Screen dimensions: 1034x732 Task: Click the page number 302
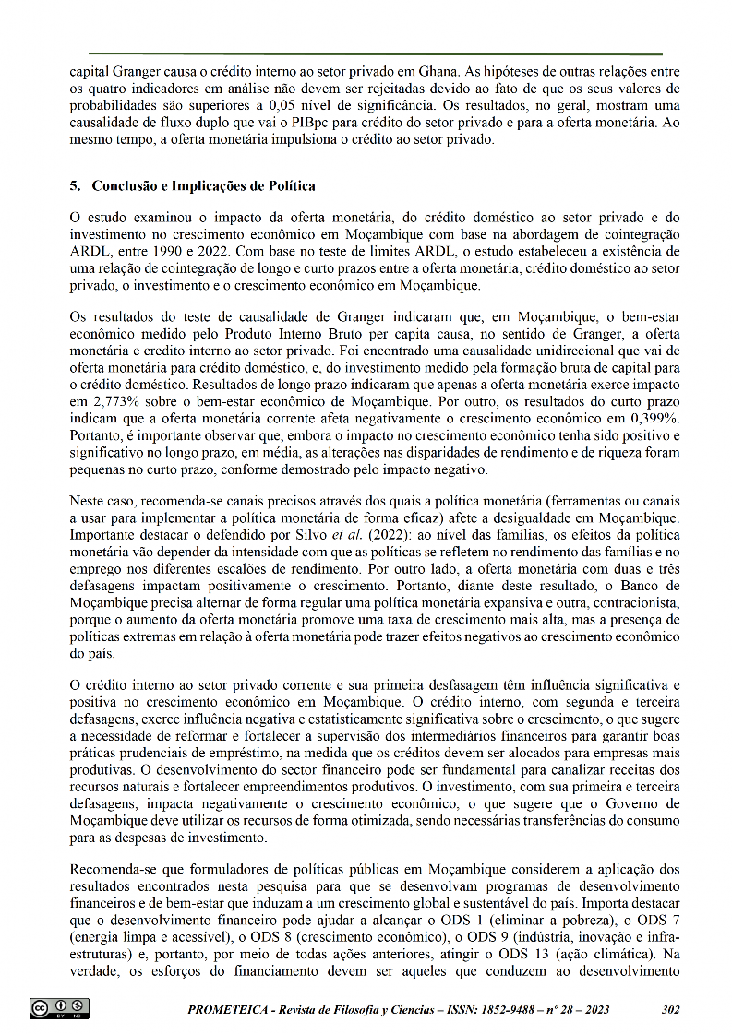tap(671, 1009)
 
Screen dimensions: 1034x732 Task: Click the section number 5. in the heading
tap(76, 185)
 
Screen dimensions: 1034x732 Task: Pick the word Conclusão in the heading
tap(126, 185)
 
